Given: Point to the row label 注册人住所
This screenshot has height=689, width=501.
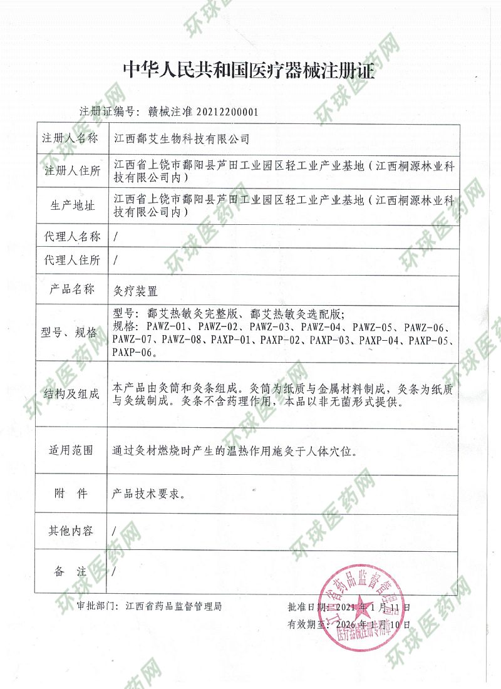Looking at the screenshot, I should (x=70, y=170).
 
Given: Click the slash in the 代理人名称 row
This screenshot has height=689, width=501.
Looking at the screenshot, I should (x=113, y=237).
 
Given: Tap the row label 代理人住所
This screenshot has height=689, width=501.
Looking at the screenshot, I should (x=70, y=259).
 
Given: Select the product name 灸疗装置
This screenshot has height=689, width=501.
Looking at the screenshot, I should (x=135, y=291).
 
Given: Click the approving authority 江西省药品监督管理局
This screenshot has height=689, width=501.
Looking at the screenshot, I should (x=173, y=606).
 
